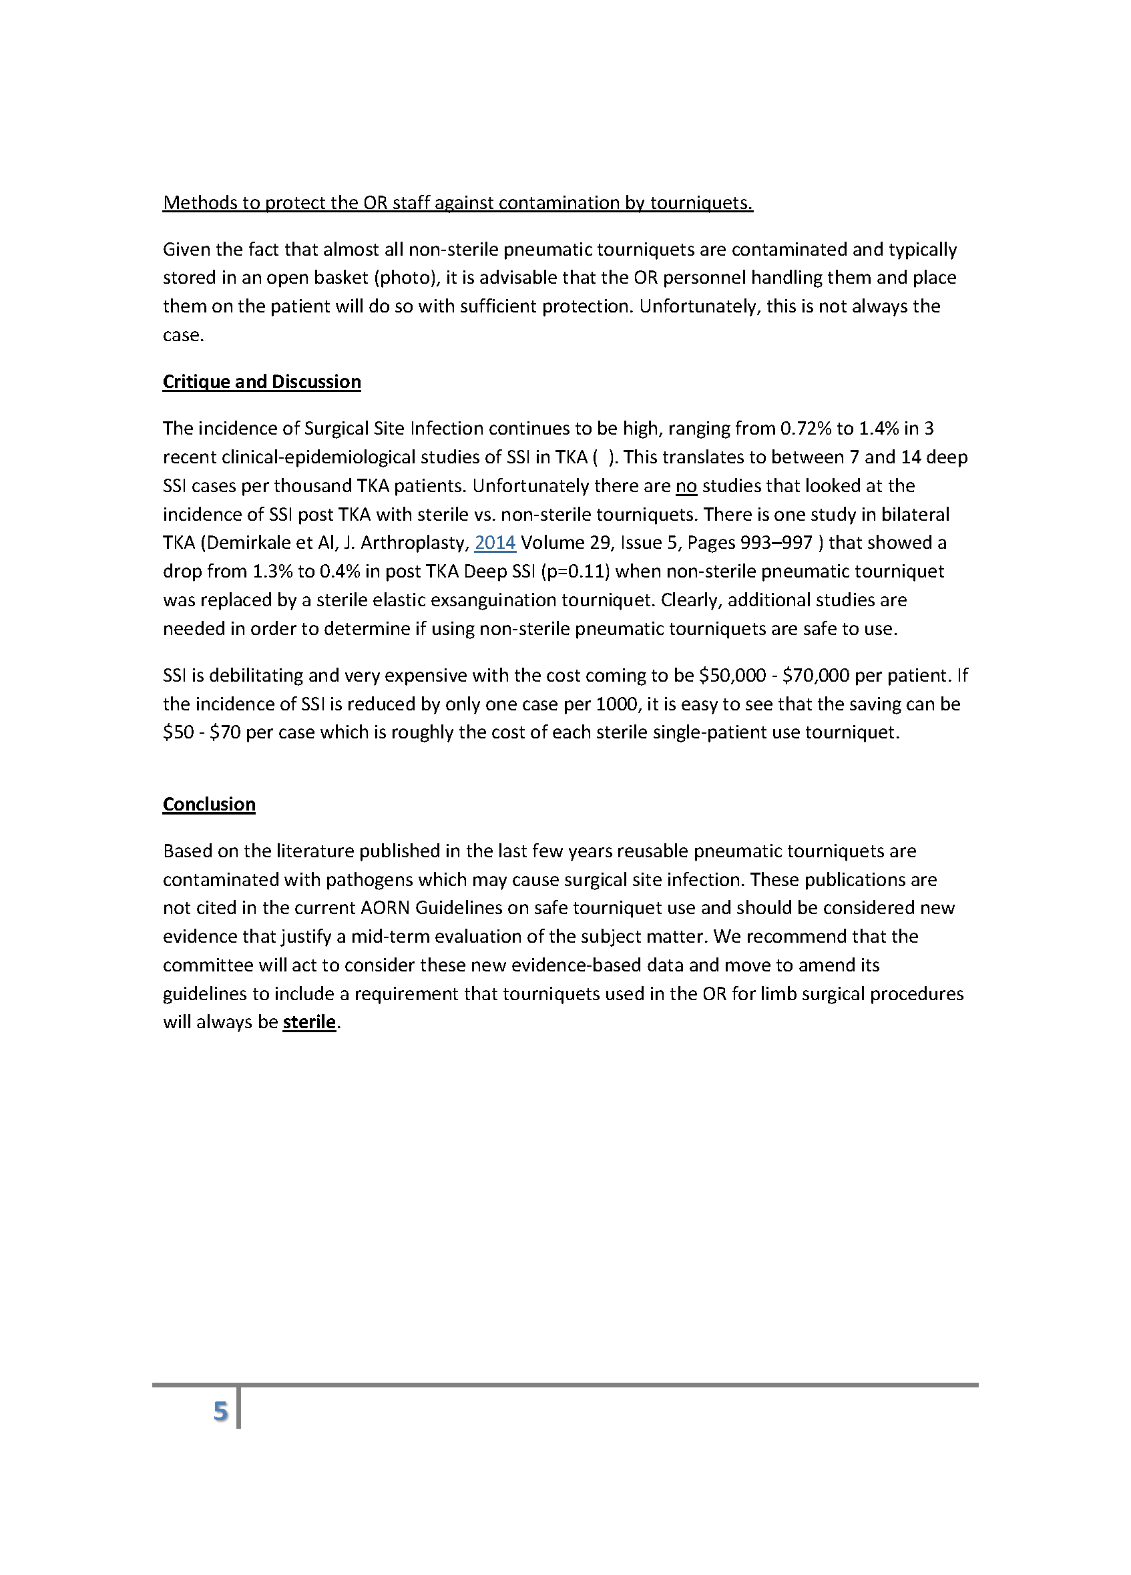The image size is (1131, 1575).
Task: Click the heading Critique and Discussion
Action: [261, 382]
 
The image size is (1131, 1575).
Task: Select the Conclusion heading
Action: [209, 804]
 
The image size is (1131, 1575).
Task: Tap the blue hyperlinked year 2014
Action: [494, 542]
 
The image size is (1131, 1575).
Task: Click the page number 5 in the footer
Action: [220, 1411]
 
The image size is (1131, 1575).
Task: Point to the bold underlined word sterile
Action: [309, 1022]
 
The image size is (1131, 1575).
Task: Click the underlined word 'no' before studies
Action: [686, 485]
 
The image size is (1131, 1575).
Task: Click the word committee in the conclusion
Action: [208, 965]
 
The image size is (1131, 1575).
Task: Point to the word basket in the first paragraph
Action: [341, 278]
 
